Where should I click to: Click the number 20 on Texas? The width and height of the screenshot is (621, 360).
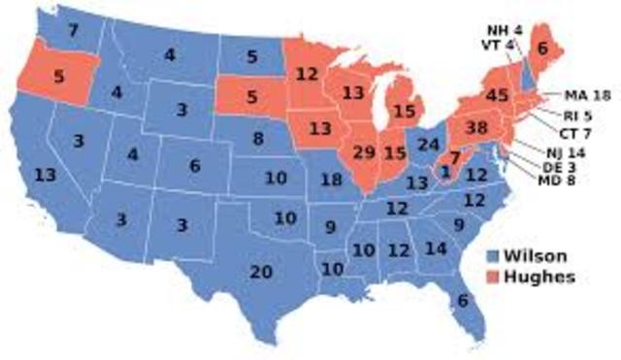(x=261, y=273)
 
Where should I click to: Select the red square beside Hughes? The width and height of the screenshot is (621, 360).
(x=494, y=277)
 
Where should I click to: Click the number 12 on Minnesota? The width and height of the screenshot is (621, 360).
(x=308, y=74)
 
